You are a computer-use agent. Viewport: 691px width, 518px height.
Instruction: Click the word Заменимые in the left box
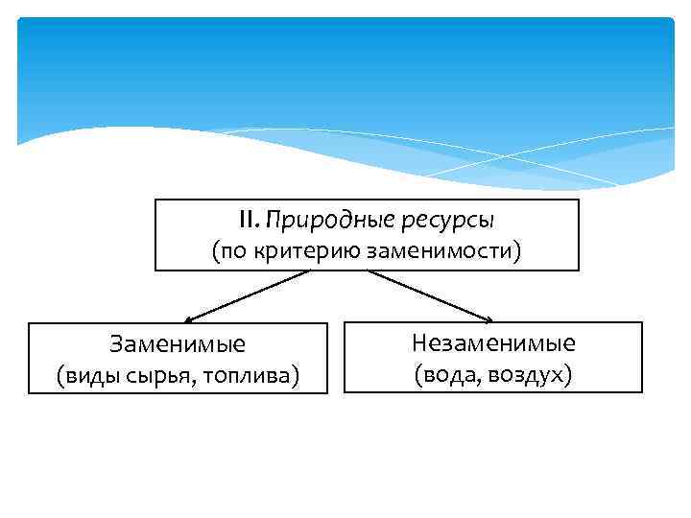tap(178, 343)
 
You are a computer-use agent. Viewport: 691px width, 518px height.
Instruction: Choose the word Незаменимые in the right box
tap(493, 342)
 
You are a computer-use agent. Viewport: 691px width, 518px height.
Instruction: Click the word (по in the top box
tap(228, 251)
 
